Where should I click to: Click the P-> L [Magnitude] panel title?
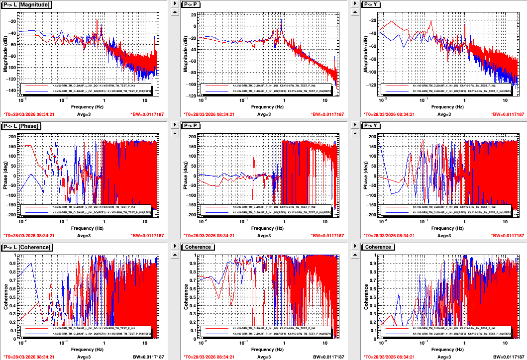[28, 4]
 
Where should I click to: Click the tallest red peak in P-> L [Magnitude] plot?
[97, 20]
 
